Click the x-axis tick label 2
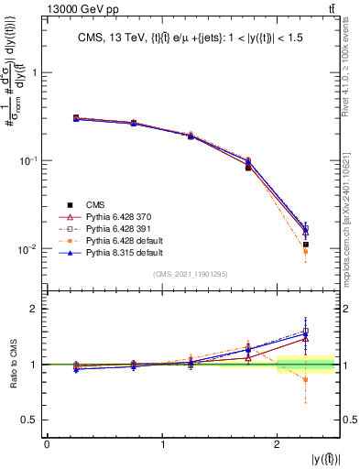pyautogui.click(x=278, y=444)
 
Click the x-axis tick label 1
pyautogui.click(x=162, y=444)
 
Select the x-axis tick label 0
pyautogui.click(x=47, y=444)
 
